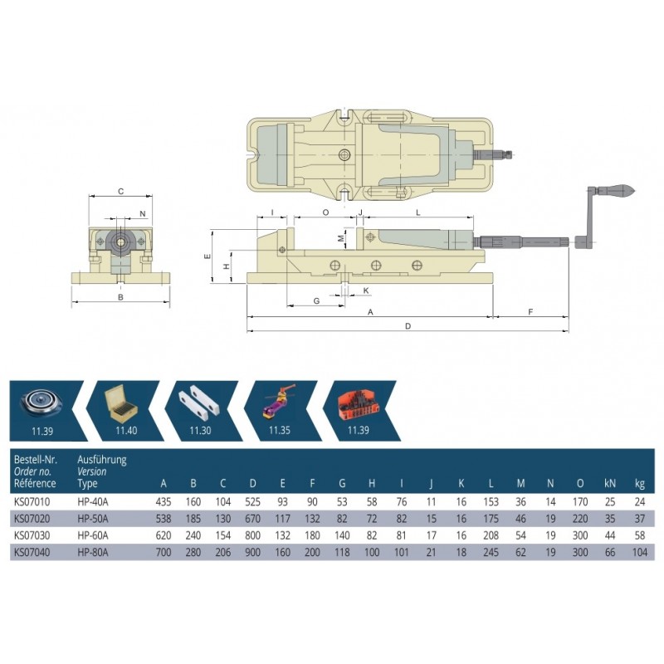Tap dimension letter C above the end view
click(x=120, y=192)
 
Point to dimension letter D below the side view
click(x=408, y=326)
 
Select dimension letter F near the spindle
click(x=530, y=312)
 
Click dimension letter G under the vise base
click(x=316, y=301)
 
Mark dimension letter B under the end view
click(x=120, y=297)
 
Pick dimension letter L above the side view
click(x=418, y=212)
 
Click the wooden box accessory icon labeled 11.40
click(x=121, y=403)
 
